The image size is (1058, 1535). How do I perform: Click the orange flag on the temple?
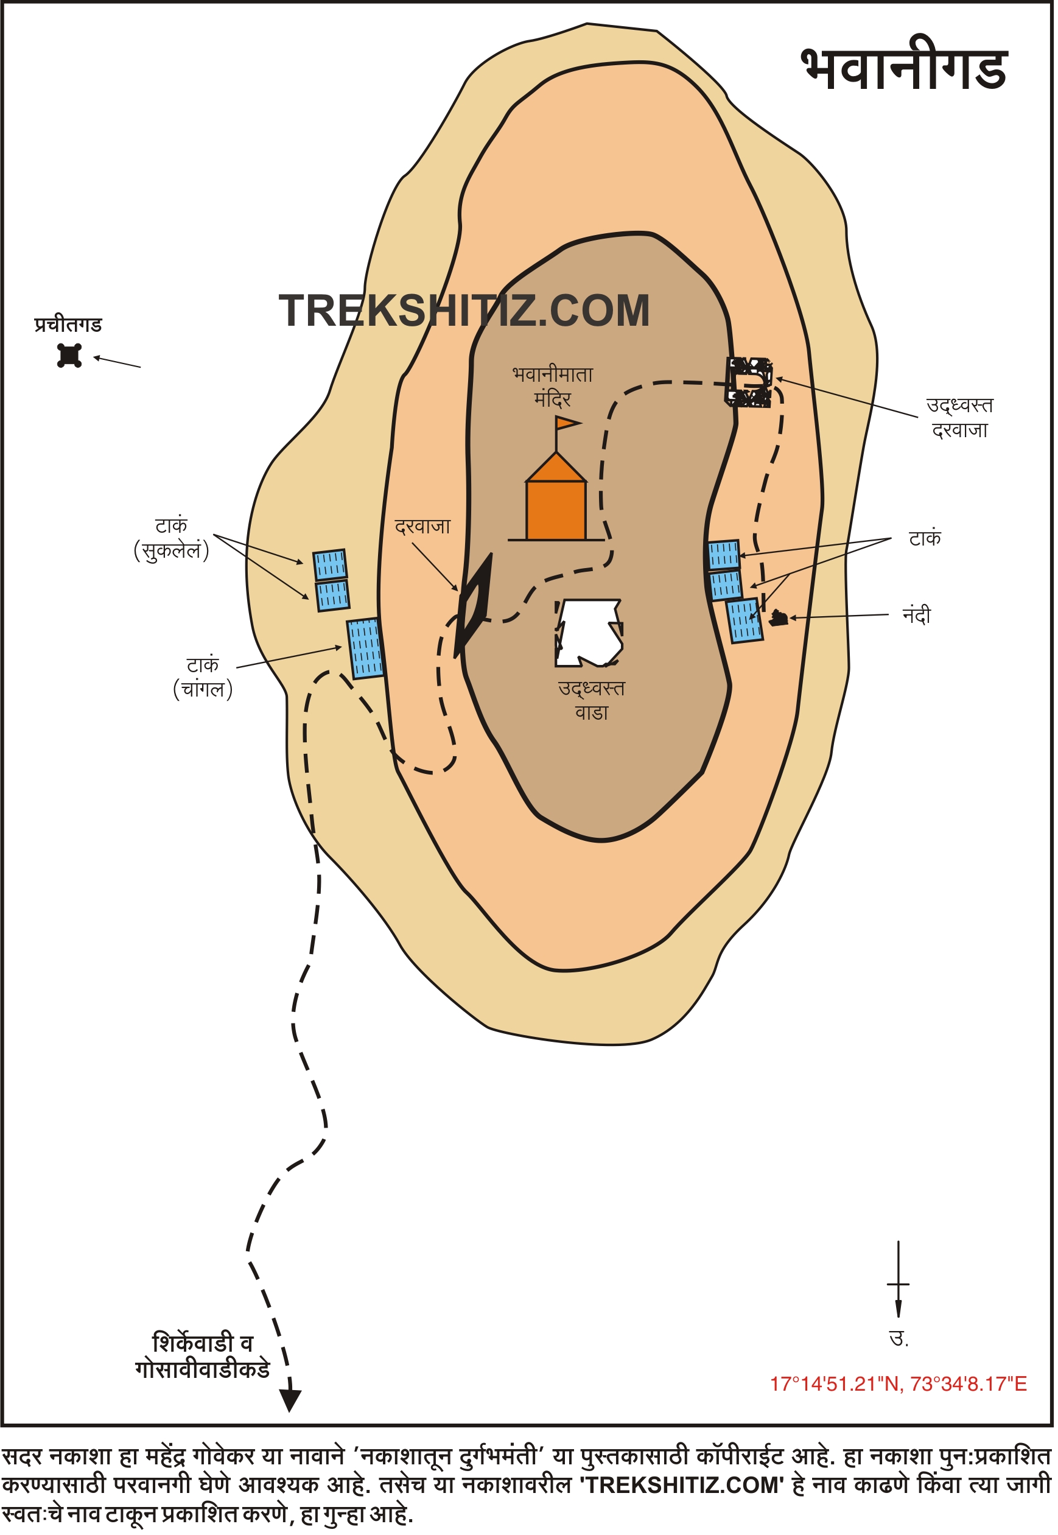567,423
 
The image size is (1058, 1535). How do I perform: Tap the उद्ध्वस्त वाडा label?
591,700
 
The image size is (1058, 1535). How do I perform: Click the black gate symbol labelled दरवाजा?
474,605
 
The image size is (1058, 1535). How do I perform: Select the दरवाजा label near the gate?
422,527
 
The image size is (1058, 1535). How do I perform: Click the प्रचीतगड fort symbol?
69,356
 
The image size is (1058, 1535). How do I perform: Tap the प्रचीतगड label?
68,325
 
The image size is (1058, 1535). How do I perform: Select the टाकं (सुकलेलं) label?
172,538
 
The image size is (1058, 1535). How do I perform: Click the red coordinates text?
899,1384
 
